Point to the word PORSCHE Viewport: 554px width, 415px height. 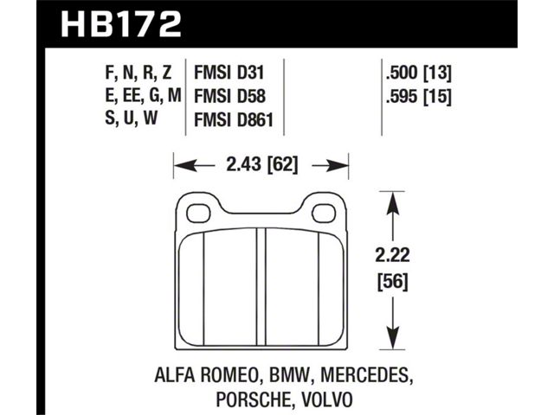click(x=240, y=399)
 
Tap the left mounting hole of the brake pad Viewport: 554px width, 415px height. click(x=192, y=209)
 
